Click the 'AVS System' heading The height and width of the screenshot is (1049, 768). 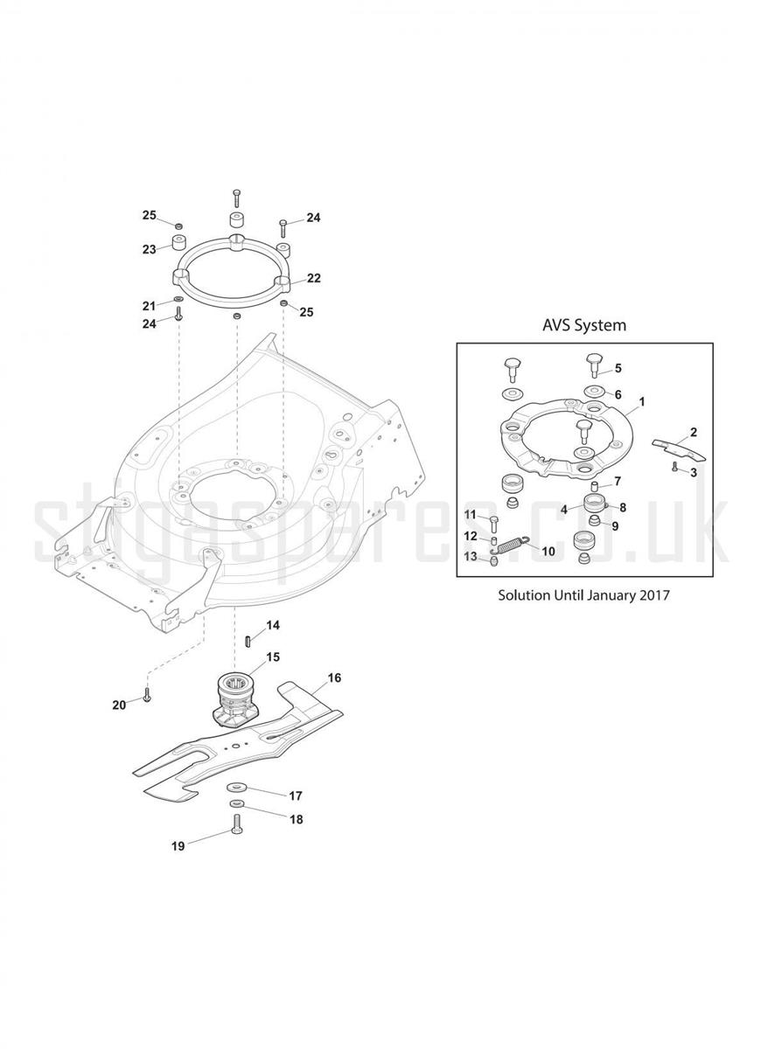point(583,325)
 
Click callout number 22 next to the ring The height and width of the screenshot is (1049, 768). point(314,278)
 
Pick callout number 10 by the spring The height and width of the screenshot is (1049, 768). point(548,552)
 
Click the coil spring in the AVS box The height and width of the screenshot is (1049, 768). point(514,544)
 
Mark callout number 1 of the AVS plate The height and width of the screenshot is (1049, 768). point(642,402)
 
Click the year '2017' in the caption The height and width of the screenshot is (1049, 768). point(655,595)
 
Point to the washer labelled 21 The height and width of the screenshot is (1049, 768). point(178,299)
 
